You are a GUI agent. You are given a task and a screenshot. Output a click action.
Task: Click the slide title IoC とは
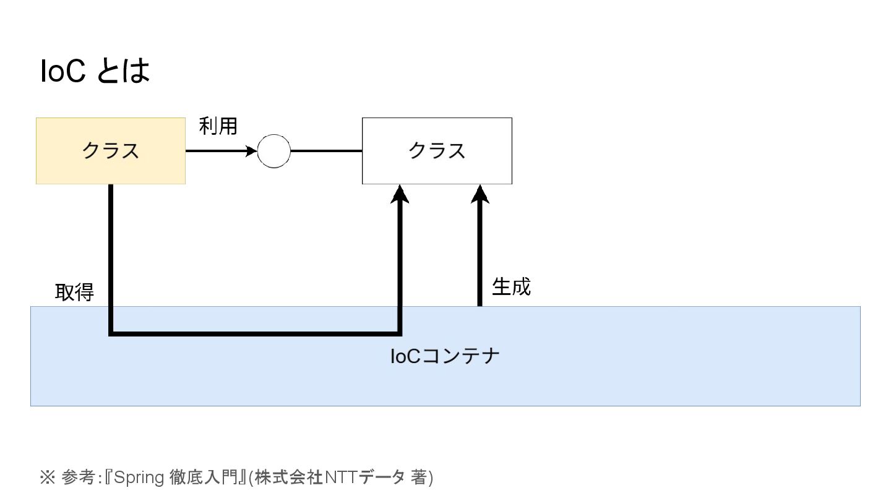pyautogui.click(x=95, y=72)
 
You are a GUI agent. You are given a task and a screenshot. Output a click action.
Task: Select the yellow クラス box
pyautogui.click(x=62, y=167)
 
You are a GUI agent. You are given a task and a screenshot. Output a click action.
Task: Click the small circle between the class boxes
pyautogui.click(x=273, y=151)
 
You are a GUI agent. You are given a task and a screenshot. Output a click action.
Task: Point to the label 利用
pyautogui.click(x=218, y=126)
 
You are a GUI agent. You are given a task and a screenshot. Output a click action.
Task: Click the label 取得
pyautogui.click(x=74, y=292)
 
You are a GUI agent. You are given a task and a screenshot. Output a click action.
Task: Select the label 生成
pyautogui.click(x=511, y=286)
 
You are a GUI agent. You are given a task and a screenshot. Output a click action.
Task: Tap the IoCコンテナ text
pyautogui.click(x=445, y=356)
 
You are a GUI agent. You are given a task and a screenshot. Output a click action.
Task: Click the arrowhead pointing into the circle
pyautogui.click(x=251, y=151)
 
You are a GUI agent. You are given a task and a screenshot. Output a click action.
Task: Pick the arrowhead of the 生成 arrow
pyautogui.click(x=480, y=194)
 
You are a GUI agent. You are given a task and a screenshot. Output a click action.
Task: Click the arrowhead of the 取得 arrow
pyautogui.click(x=400, y=194)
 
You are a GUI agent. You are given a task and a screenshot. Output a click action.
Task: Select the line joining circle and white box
pyautogui.click(x=326, y=151)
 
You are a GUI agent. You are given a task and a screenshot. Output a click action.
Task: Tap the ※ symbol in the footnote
pyautogui.click(x=48, y=477)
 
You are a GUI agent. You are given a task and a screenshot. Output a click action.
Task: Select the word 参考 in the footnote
pyautogui.click(x=79, y=477)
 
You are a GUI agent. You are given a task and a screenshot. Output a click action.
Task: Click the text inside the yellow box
pyautogui.click(x=111, y=151)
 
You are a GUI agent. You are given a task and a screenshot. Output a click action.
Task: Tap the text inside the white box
pyautogui.click(x=437, y=151)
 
